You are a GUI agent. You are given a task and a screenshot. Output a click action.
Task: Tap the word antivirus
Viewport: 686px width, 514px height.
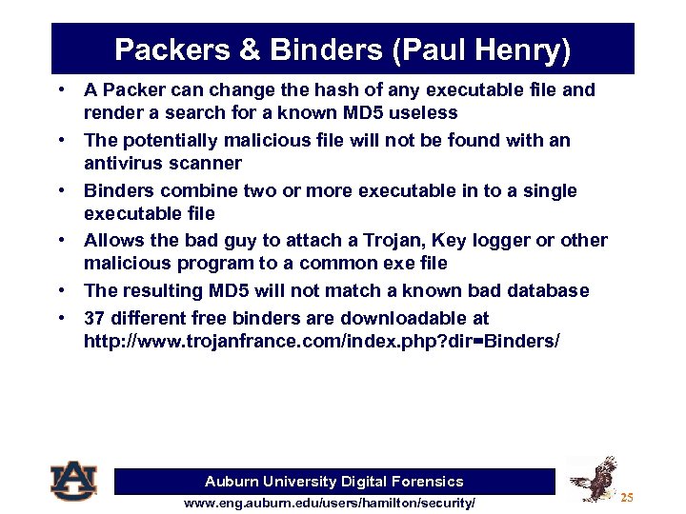118,163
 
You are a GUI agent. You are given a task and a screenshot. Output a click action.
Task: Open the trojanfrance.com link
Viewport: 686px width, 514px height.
315,340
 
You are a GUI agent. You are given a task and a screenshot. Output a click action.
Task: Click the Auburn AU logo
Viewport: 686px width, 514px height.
73,481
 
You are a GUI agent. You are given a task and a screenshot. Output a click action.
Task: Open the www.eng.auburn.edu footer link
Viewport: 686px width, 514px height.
329,503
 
